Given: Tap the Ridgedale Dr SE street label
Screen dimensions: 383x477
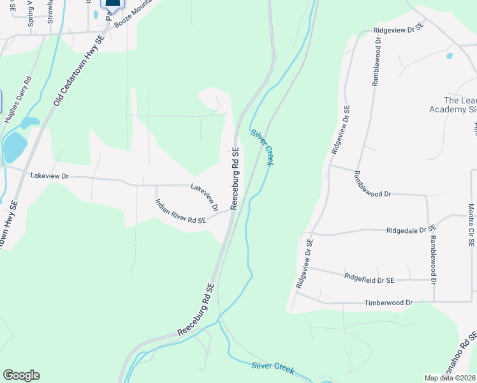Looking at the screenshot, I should (411, 229).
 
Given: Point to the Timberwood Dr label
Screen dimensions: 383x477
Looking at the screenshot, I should (388, 302).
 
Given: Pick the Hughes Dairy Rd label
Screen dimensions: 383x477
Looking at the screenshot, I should (18, 100).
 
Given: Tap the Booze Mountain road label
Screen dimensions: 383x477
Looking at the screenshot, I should (135, 10).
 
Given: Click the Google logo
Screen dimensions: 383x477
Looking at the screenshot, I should (21, 375).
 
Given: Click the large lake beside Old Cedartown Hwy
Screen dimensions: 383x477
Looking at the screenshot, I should (14, 147).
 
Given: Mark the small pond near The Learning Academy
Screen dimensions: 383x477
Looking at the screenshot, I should (450, 56).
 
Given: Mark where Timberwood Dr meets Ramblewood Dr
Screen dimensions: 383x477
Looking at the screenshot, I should (434, 301).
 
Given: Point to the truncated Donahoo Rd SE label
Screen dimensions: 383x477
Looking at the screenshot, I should (467, 357).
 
